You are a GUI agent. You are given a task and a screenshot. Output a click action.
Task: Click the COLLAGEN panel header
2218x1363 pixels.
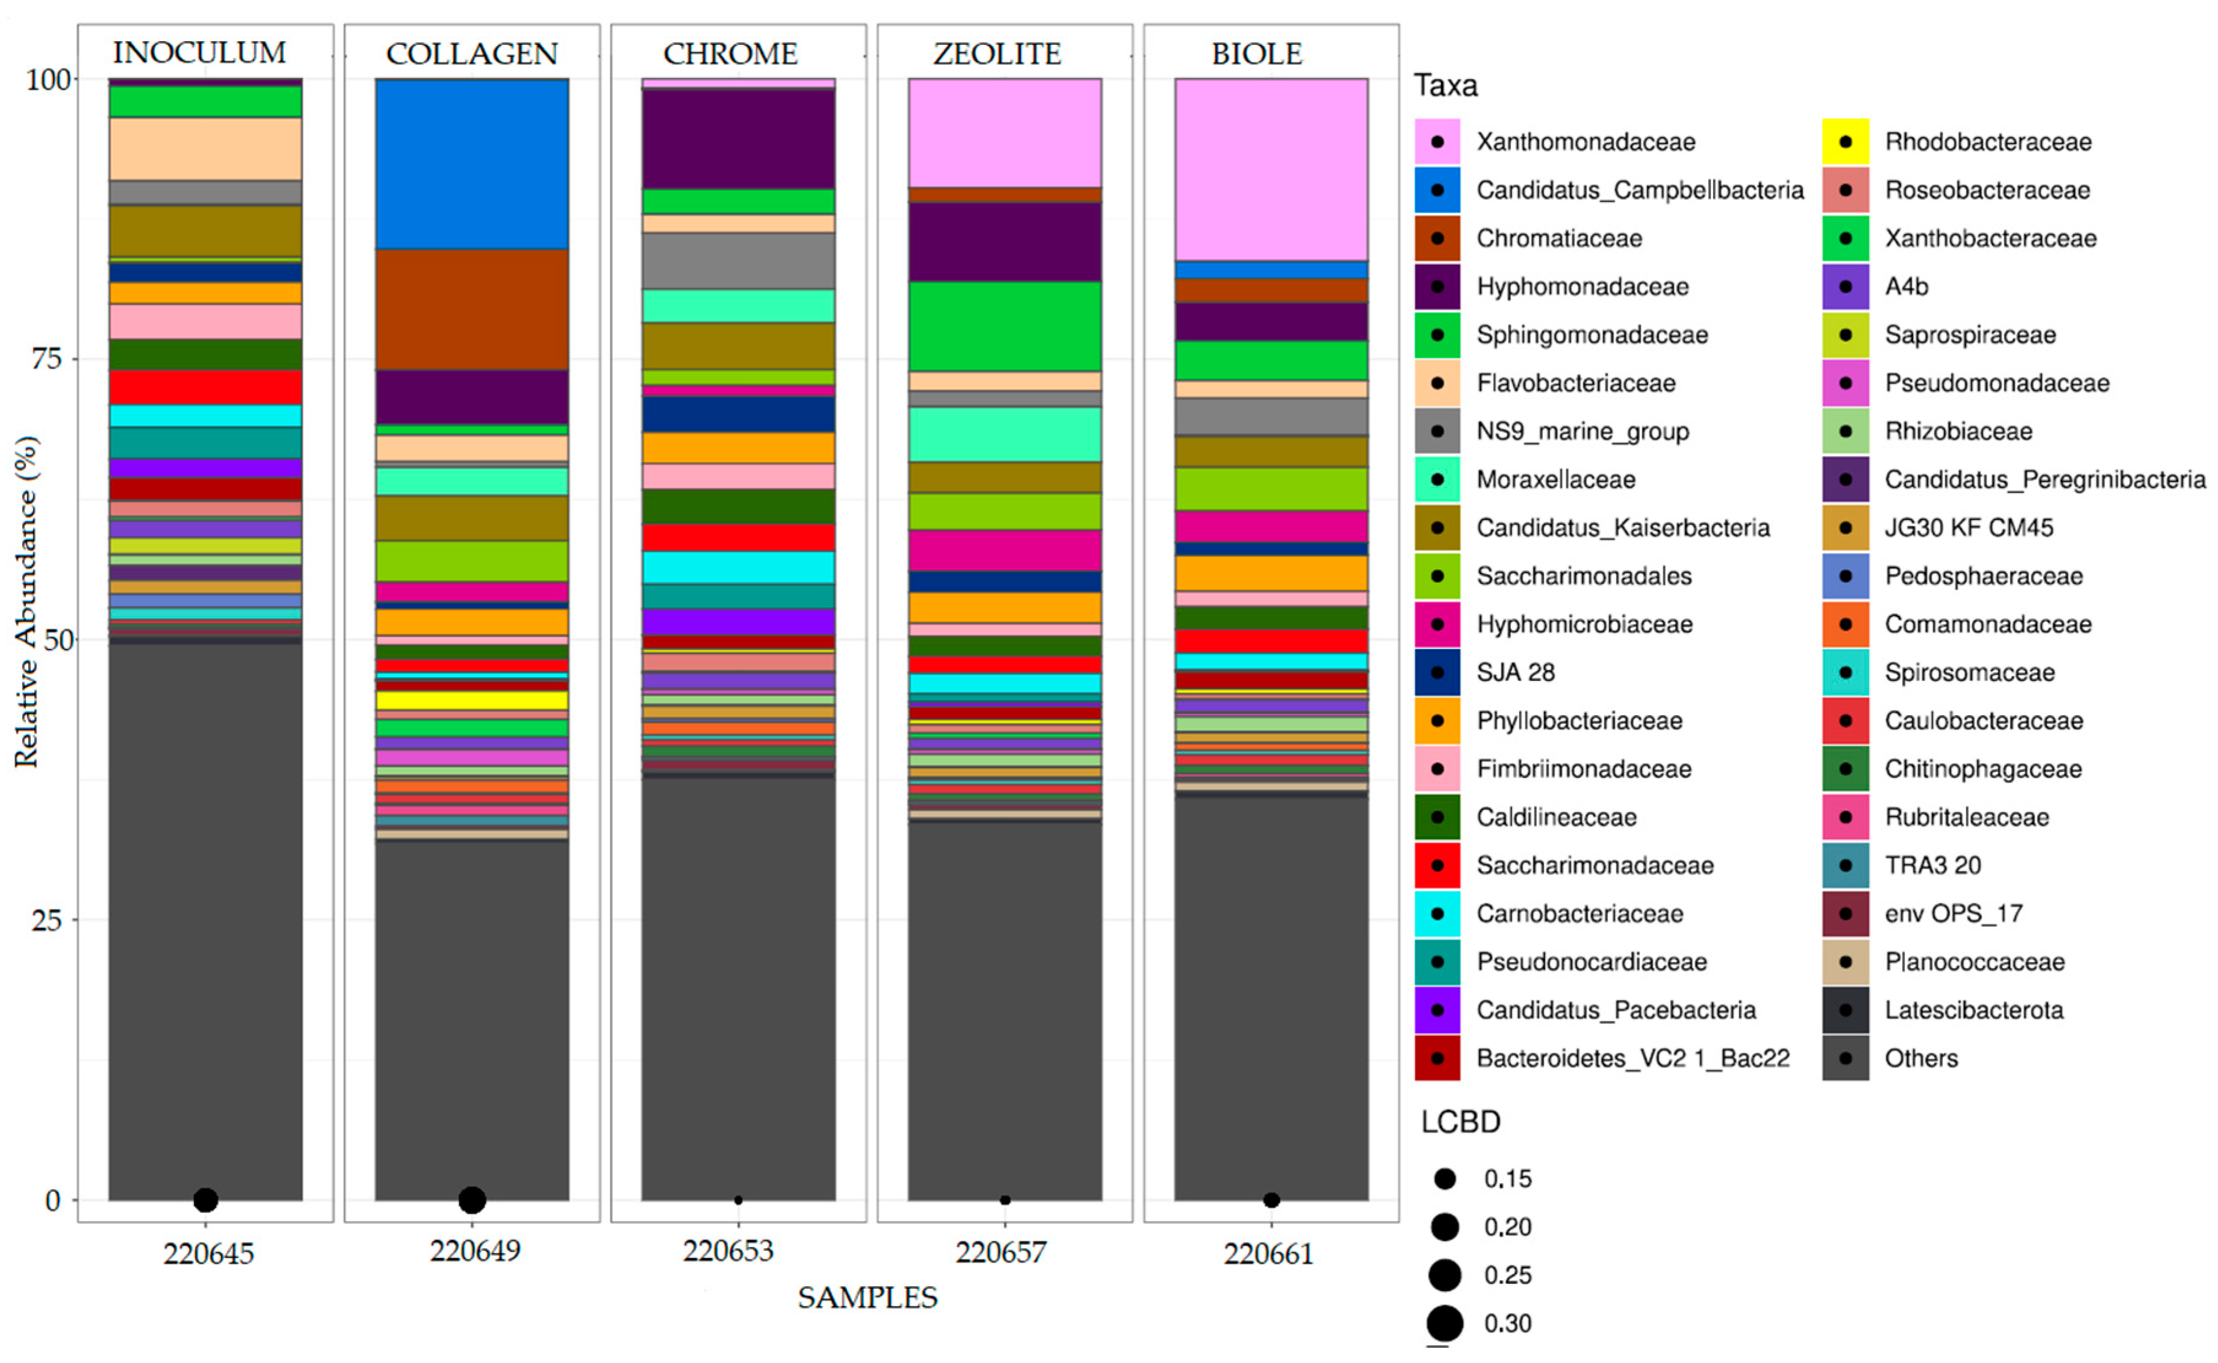click(x=472, y=53)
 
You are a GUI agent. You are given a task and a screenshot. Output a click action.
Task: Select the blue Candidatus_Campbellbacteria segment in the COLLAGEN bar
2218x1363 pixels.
click(x=472, y=163)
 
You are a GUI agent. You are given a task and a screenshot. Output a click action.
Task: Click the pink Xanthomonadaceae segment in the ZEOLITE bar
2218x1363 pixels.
click(x=1004, y=132)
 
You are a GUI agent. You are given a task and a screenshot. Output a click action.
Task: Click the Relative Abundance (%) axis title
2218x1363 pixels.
click(x=26, y=602)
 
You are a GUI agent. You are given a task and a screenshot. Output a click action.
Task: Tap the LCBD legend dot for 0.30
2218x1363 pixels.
click(x=1444, y=1323)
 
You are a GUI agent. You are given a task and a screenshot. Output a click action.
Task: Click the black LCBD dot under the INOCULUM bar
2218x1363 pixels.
click(x=206, y=1200)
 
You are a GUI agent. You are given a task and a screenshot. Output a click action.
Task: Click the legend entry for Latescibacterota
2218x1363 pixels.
click(x=1972, y=1010)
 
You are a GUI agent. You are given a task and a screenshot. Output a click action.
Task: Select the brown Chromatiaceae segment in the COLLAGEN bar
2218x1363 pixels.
click(x=472, y=309)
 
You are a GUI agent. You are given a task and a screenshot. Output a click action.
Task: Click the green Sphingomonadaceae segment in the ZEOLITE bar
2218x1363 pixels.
click(x=1004, y=326)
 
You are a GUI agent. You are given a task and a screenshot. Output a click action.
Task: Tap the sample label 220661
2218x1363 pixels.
click(x=1267, y=1253)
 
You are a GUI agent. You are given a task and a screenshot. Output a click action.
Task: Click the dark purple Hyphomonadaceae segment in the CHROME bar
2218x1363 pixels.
click(x=737, y=139)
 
